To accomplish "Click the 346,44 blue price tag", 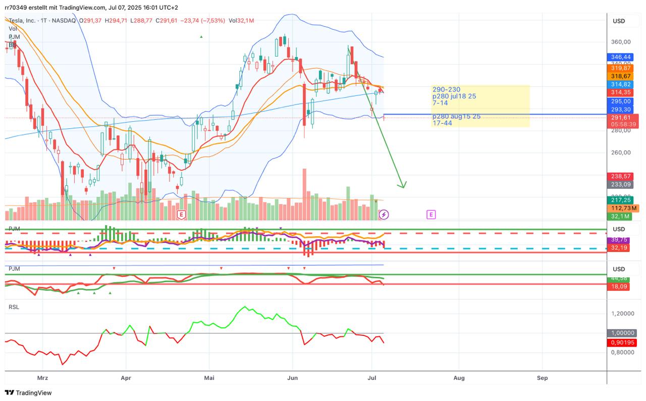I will click(x=620, y=57).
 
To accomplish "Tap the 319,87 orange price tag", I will click(x=620, y=68).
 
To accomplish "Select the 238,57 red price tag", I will click(x=620, y=176).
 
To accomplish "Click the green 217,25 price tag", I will click(x=620, y=200).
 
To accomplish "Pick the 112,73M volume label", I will click(x=623, y=208).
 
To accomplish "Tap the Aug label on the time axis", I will click(x=459, y=377).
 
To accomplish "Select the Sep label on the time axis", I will click(x=542, y=377).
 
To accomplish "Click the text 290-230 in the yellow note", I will click(x=446, y=89).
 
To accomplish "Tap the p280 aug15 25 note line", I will click(x=456, y=117).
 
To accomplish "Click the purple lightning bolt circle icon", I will click(x=384, y=215).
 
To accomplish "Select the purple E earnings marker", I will click(x=431, y=215).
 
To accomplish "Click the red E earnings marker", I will click(x=181, y=215).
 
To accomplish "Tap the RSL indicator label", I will click(x=14, y=307).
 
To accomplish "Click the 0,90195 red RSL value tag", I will click(x=621, y=342).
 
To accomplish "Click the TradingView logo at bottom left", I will click(x=29, y=392).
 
